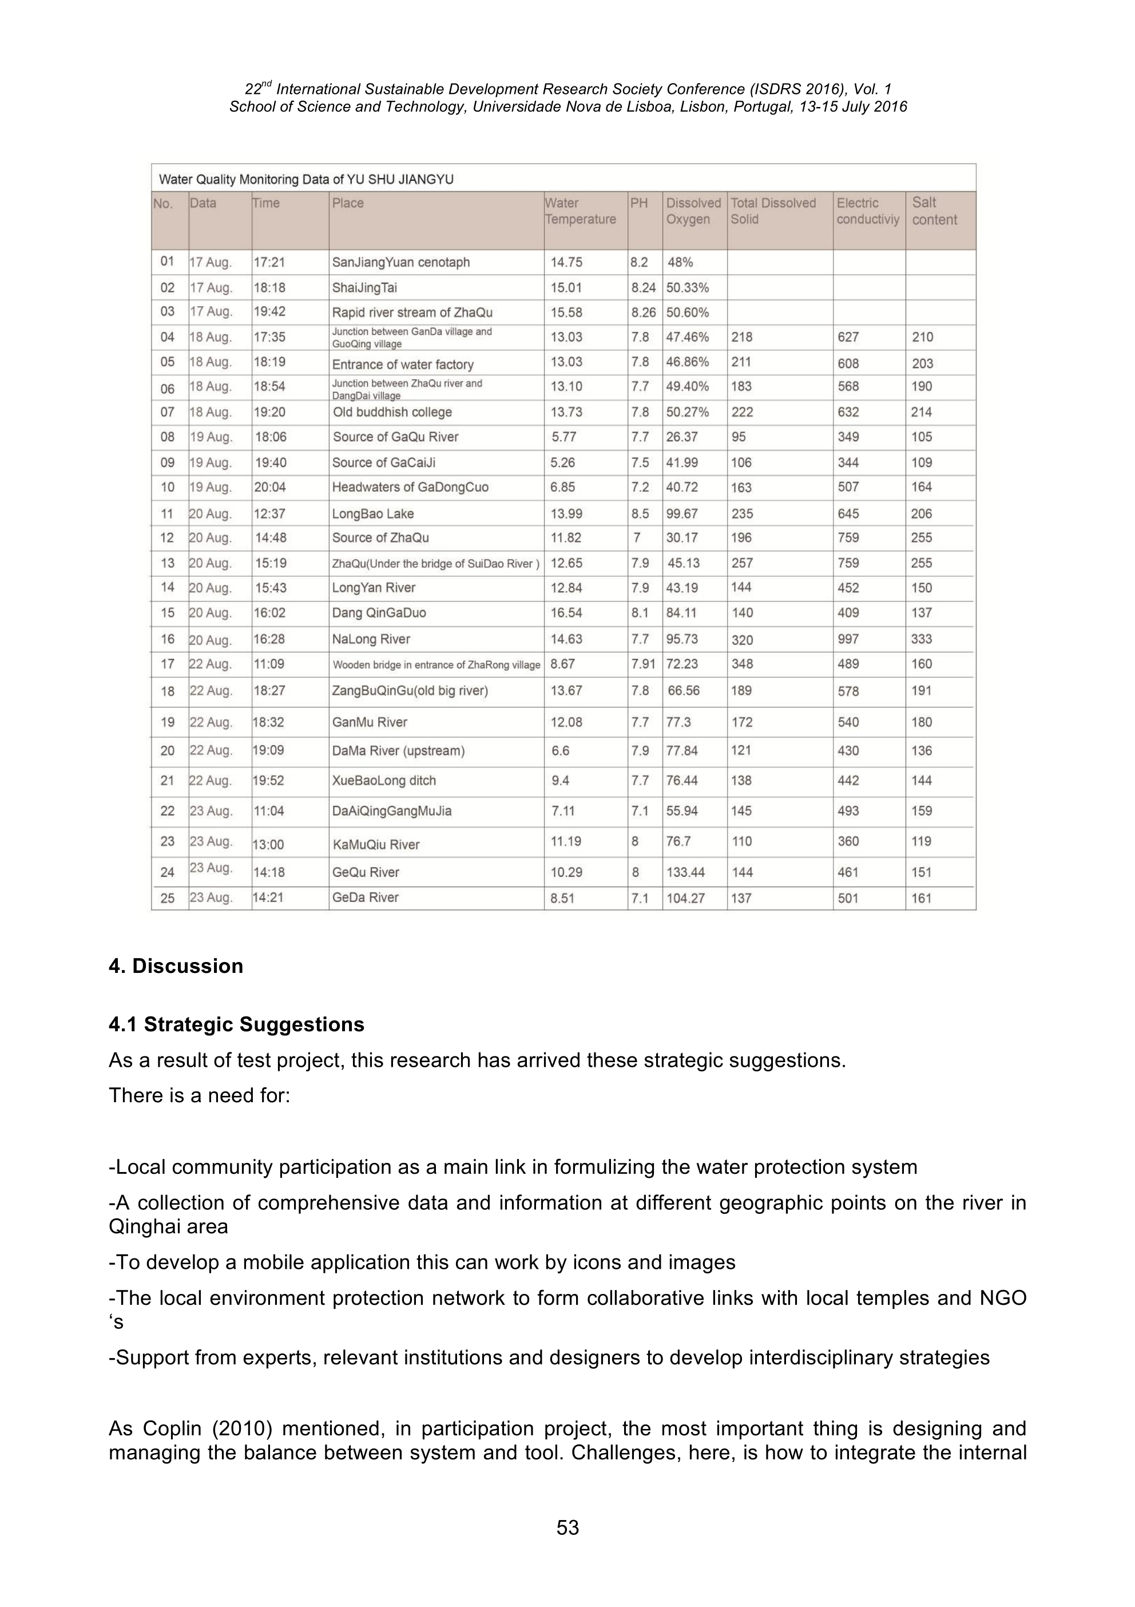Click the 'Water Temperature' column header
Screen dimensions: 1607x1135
(580, 211)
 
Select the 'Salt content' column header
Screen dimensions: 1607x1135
(934, 211)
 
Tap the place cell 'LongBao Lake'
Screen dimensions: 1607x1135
(372, 514)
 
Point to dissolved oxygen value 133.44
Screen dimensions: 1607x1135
(685, 872)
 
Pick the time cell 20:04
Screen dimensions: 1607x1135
(269, 487)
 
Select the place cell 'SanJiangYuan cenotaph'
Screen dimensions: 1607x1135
(400, 263)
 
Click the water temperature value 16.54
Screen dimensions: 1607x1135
(566, 613)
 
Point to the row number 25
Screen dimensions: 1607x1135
(167, 898)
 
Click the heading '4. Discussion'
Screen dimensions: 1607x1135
(176, 966)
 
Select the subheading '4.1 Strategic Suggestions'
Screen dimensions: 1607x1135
(236, 1024)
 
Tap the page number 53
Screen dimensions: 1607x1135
(567, 1528)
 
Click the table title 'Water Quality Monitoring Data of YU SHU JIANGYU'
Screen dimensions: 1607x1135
(306, 179)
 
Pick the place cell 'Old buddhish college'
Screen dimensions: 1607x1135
(392, 412)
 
